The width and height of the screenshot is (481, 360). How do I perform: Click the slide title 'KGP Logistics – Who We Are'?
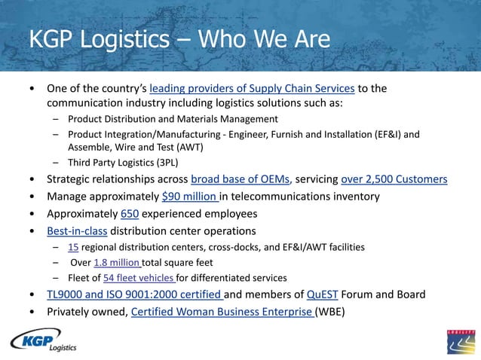click(180, 39)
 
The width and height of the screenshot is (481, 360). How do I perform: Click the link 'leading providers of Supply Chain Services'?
click(253, 89)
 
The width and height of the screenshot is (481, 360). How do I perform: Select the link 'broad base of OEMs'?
click(240, 179)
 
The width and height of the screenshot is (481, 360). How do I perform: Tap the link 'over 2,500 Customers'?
click(394, 179)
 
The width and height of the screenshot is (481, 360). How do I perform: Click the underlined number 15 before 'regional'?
click(72, 247)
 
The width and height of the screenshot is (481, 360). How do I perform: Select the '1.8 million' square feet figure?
click(117, 262)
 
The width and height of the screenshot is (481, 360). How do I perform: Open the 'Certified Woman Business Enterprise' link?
click(222, 310)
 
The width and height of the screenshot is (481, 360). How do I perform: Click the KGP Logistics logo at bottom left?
click(44, 340)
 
